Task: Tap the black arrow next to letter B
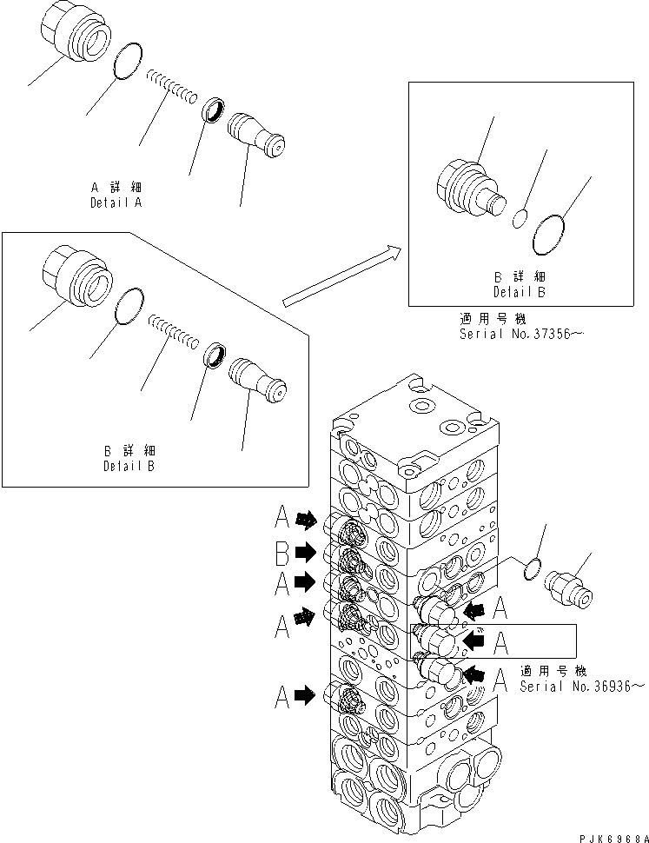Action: (x=306, y=551)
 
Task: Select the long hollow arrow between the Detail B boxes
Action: (x=342, y=276)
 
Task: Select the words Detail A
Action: (x=116, y=202)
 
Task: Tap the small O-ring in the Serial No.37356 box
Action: (x=520, y=219)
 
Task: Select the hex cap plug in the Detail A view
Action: (x=76, y=40)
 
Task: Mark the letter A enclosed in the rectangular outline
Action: (x=501, y=641)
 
